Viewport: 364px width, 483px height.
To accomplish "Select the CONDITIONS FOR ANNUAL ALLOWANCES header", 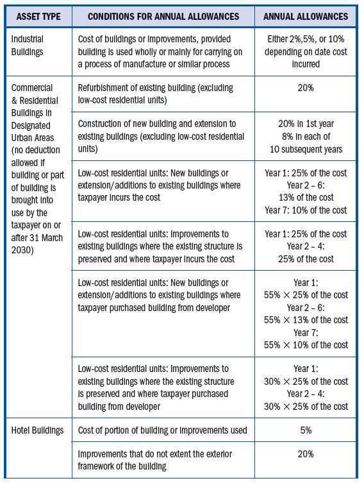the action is coord(163,15).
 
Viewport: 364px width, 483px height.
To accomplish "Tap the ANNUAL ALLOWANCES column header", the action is coord(305,15).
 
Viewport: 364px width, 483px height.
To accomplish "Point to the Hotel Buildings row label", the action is coord(37,430).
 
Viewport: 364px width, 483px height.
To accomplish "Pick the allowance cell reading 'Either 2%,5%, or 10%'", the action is coord(305,39).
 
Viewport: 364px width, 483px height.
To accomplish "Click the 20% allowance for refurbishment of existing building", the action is coord(306,88).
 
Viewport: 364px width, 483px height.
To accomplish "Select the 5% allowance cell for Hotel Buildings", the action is coord(306,430).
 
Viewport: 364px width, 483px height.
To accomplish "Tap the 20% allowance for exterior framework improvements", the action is coord(306,454).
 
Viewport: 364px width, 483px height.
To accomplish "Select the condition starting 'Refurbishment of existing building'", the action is coord(155,93).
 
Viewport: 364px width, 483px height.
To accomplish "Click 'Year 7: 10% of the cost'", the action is coord(306,210).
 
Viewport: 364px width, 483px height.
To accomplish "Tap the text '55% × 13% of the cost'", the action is coord(306,319).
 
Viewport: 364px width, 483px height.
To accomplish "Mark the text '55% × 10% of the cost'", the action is coord(306,344).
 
